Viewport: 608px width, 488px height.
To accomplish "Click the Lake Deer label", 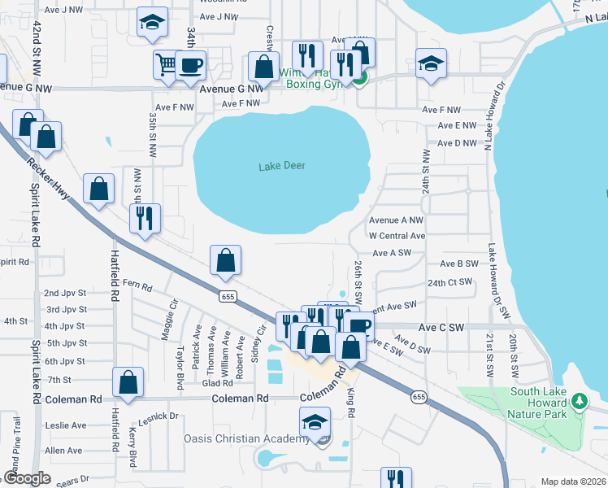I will tap(282, 166).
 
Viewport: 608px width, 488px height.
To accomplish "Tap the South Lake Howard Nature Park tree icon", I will tap(579, 401).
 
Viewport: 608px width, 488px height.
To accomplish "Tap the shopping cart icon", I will tap(166, 64).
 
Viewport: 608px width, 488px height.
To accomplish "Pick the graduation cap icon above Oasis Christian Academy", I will tap(315, 421).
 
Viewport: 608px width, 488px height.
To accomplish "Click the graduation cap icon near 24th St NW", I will tap(431, 63).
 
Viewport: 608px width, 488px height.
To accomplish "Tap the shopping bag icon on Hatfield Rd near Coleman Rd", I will tap(128, 381).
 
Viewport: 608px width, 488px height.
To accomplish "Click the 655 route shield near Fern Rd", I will tap(228, 297).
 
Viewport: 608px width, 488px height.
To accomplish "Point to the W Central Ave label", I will tap(397, 236).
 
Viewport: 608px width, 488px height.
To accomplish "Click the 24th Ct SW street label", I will tap(449, 282).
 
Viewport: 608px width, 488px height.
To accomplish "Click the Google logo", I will tap(28, 478).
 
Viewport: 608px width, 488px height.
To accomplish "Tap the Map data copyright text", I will tap(572, 481).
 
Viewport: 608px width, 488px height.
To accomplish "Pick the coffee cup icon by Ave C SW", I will tap(358, 326).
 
